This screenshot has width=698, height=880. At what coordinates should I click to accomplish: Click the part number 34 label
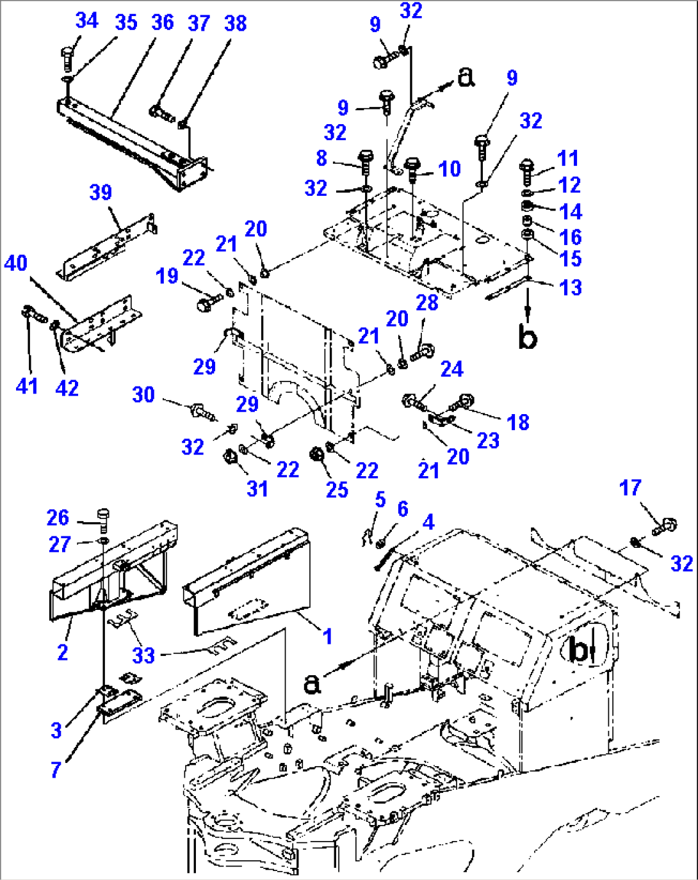pyautogui.click(x=86, y=20)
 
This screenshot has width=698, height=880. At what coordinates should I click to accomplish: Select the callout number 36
pyautogui.click(x=163, y=22)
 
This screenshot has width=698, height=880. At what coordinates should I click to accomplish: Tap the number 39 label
pyautogui.click(x=101, y=192)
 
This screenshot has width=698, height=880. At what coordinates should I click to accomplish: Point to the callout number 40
pyautogui.click(x=16, y=263)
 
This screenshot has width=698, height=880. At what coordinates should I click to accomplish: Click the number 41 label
pyautogui.click(x=27, y=386)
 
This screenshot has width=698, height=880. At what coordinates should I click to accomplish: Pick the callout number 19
pyautogui.click(x=167, y=276)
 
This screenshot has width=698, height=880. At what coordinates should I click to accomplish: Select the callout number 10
pyautogui.click(x=450, y=169)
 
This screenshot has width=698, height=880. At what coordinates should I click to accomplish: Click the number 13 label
pyautogui.click(x=570, y=287)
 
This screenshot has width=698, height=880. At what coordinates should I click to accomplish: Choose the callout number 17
pyautogui.click(x=630, y=488)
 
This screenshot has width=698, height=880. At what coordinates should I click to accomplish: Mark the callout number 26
pyautogui.click(x=58, y=518)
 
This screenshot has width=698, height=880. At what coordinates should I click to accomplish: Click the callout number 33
pyautogui.click(x=143, y=655)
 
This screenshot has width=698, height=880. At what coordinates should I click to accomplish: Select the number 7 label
pyautogui.click(x=56, y=770)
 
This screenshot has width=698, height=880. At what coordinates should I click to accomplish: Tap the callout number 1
pyautogui.click(x=327, y=636)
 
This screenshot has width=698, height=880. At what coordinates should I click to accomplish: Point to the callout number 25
pyautogui.click(x=337, y=490)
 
